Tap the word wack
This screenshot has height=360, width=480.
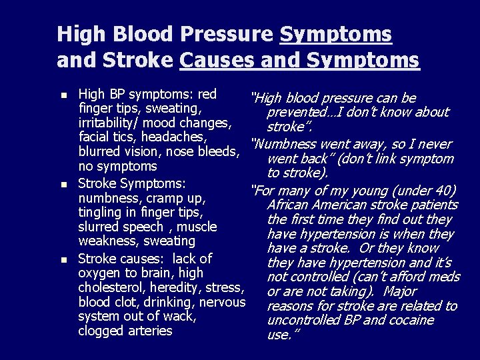[x=178, y=316]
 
